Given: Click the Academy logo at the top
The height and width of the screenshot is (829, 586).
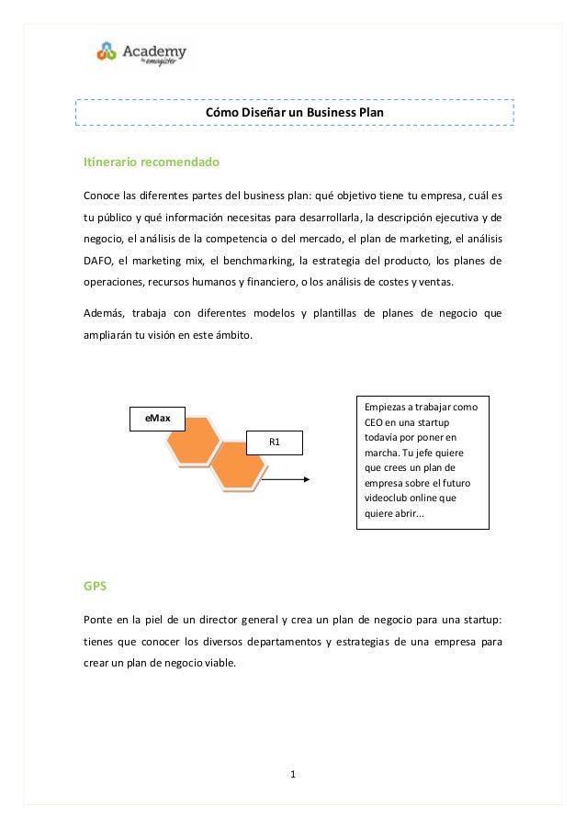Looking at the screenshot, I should [141, 54].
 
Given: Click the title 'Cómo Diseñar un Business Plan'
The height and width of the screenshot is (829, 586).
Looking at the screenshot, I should [293, 112].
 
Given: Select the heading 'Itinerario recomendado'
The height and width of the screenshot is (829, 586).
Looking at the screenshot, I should [152, 162].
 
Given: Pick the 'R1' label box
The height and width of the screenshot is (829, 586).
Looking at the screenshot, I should [274, 443].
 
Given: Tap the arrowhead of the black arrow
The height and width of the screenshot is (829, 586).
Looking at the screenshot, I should [307, 479].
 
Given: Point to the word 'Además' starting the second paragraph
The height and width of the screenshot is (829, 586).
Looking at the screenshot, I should [106, 313].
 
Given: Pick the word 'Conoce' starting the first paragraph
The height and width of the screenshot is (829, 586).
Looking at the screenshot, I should [104, 196].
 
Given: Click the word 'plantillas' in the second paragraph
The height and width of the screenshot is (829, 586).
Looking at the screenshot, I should [337, 313].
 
